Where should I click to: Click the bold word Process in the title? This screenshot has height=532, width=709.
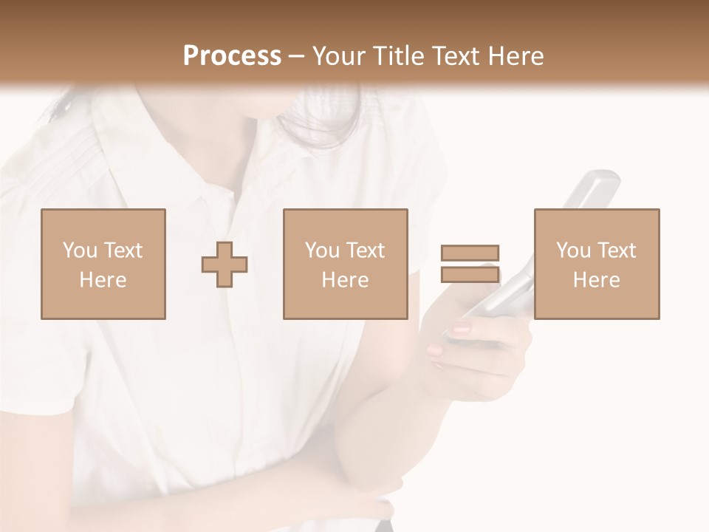click(232, 55)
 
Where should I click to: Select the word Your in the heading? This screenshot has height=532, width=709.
click(339, 55)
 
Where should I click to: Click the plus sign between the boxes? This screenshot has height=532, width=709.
click(225, 265)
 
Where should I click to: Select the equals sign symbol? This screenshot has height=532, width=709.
click(470, 264)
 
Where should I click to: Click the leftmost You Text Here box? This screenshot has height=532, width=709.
click(103, 264)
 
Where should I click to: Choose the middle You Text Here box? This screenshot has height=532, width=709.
click(346, 264)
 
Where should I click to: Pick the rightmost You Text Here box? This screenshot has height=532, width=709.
click(597, 264)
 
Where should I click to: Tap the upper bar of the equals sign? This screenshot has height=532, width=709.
click(470, 253)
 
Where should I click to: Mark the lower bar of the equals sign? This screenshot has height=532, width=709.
click(470, 274)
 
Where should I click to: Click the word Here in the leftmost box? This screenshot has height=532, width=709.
click(103, 279)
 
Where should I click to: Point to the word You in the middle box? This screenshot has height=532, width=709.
click(322, 250)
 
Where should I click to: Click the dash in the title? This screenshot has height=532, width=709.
click(296, 56)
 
